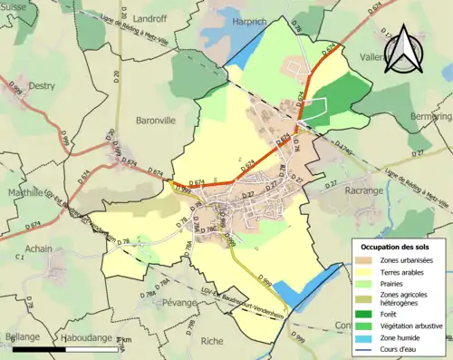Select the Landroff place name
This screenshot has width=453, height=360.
coord(123,17)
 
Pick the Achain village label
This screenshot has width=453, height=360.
coord(39,248)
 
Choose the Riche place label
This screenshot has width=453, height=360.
coord(211,341)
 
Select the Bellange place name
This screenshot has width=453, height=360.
coord(22,336)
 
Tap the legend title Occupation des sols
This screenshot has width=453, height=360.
coord(395,247)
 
